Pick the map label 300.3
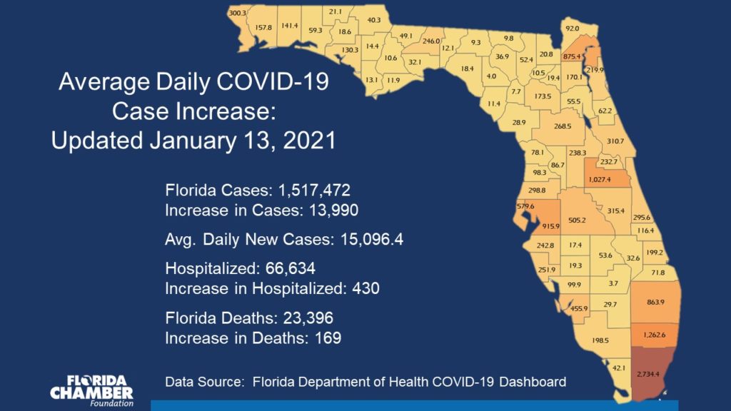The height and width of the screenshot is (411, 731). tap(237, 14)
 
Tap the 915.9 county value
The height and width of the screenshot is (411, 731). tap(530, 226)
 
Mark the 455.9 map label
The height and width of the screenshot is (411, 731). tap(580, 308)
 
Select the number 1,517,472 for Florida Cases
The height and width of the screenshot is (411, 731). tap(307, 191)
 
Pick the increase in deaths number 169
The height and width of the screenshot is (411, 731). tap(327, 337)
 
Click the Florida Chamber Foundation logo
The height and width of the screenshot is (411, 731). tap(91, 389)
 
